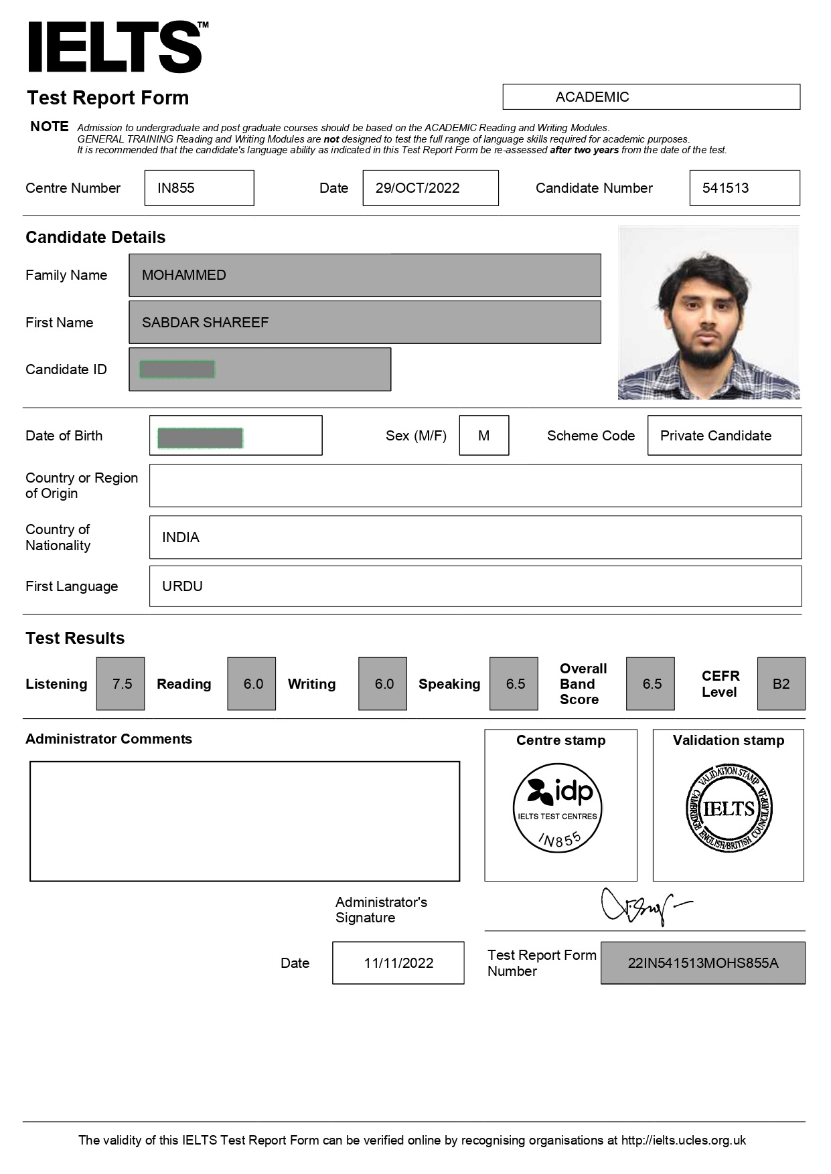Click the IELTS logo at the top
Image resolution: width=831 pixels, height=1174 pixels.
point(115,47)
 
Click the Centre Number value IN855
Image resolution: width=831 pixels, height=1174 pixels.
point(176,188)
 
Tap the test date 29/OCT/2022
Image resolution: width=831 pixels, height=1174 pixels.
point(418,188)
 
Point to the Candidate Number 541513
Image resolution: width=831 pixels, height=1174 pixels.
point(726,188)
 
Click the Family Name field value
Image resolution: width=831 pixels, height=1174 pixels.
point(184,275)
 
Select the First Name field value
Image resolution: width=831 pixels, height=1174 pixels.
point(205,323)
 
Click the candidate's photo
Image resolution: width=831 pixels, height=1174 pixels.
point(708,313)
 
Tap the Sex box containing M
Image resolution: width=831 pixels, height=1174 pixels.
point(483,436)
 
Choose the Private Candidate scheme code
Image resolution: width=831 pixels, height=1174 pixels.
point(716,436)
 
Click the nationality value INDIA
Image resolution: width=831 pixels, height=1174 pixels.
point(181,537)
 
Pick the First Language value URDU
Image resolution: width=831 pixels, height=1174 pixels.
point(182,586)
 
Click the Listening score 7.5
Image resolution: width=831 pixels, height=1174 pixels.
point(121,684)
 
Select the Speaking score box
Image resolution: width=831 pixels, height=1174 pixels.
point(514,684)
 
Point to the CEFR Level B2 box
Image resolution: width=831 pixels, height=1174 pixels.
point(781,684)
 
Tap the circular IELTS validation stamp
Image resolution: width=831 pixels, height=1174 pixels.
point(729,809)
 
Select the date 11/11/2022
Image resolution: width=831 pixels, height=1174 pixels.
point(398,963)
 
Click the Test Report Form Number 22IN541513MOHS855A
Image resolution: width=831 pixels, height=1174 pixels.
point(703,963)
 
